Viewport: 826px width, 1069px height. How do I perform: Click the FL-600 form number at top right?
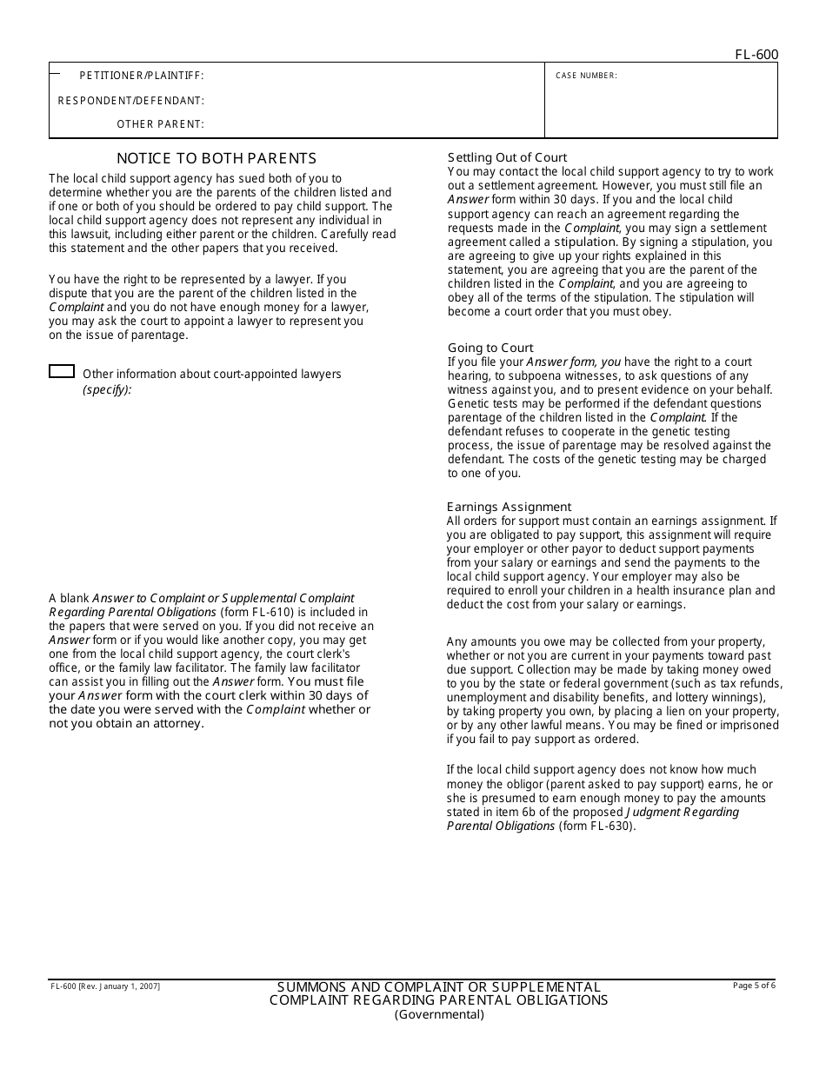(756, 55)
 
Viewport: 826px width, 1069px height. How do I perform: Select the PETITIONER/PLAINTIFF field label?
(142, 76)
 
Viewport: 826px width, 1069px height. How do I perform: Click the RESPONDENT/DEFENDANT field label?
(131, 101)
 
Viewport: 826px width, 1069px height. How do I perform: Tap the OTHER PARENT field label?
(161, 124)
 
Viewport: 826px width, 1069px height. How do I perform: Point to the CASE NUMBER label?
(586, 76)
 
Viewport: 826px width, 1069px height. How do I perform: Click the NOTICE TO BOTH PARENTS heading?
(216, 158)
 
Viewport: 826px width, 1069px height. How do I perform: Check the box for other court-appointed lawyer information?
(62, 372)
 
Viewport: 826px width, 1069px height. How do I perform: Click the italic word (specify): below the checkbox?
(107, 389)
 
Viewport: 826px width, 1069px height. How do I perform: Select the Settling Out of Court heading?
(507, 157)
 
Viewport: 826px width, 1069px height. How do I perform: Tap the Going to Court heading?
(490, 348)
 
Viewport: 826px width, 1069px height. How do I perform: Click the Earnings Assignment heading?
(509, 507)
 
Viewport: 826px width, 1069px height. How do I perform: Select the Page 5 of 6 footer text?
(754, 986)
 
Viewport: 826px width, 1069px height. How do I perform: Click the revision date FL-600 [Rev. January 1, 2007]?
(105, 986)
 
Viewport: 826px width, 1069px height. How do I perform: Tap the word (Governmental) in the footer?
(439, 1014)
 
